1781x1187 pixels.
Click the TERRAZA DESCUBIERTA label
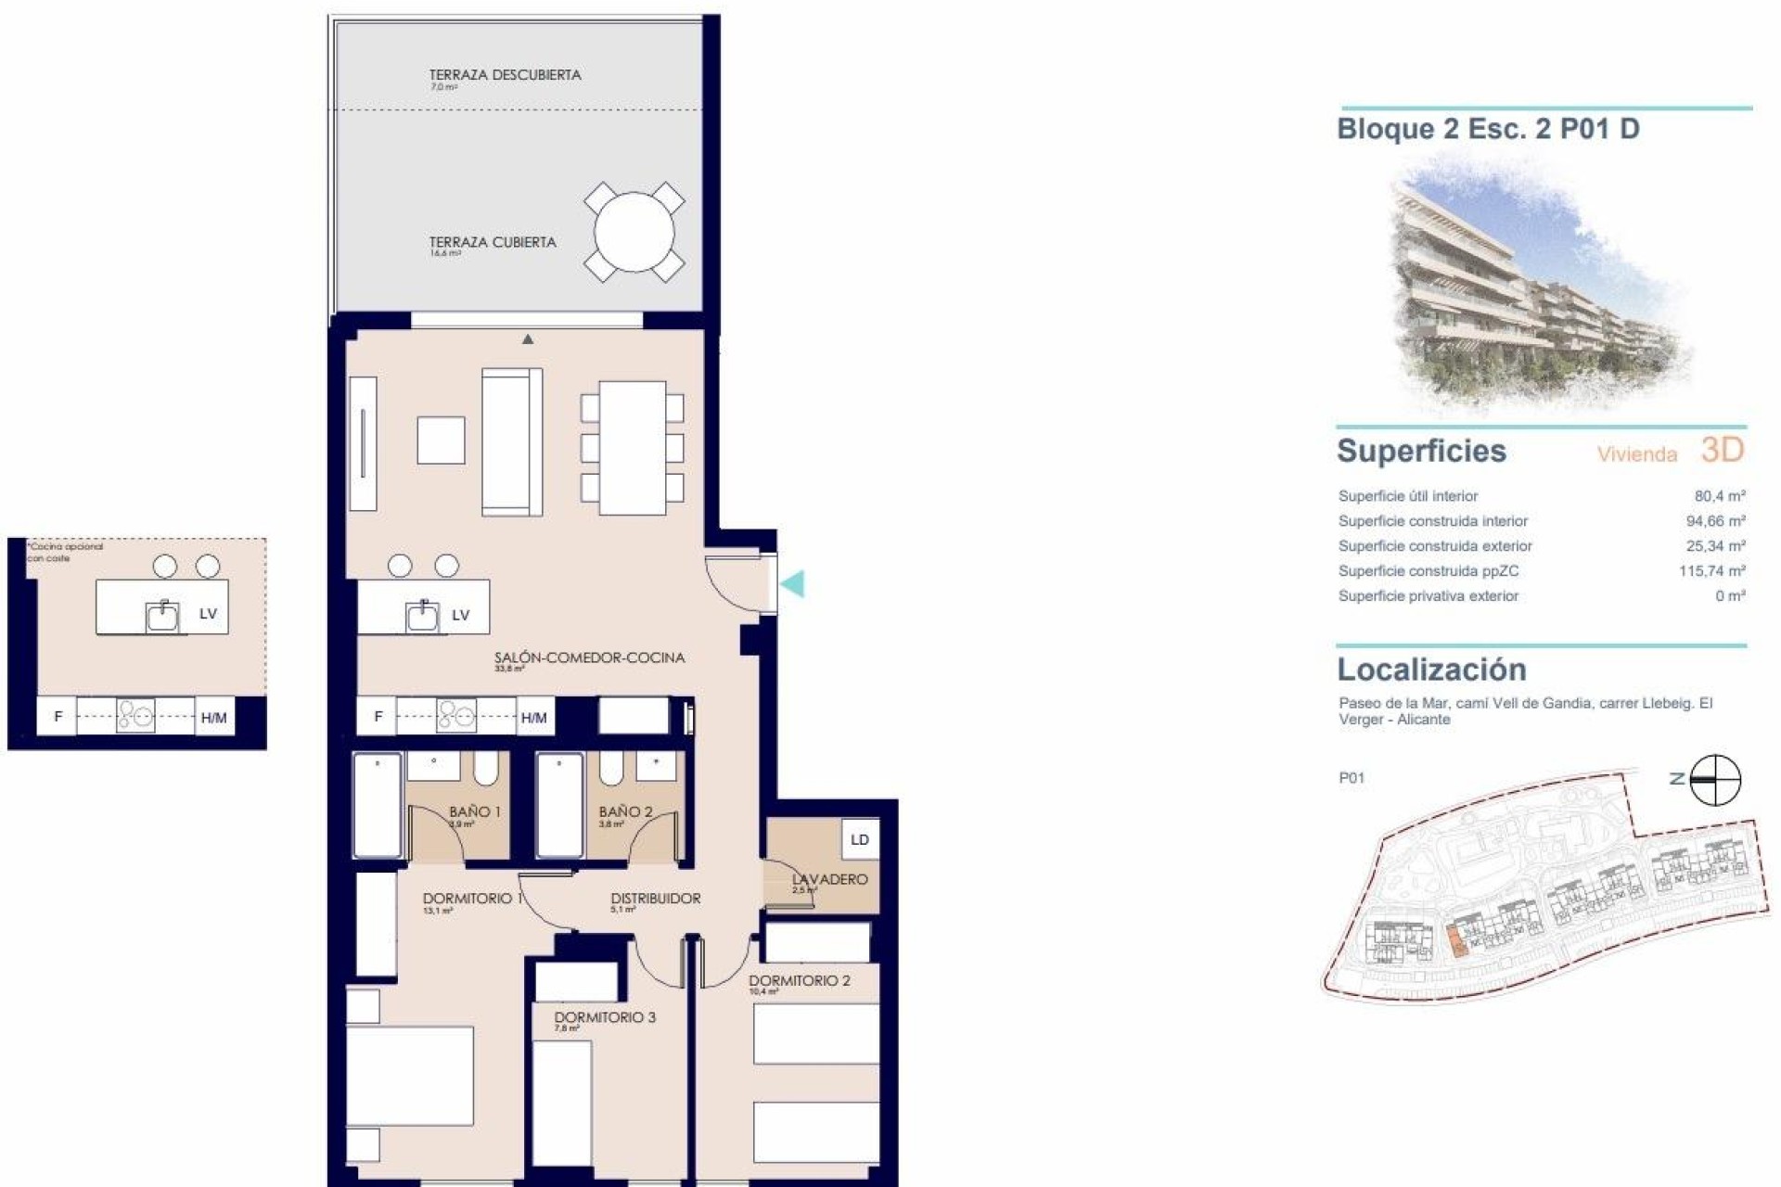point(505,75)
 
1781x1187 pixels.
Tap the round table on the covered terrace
point(634,232)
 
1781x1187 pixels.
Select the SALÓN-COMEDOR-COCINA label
point(589,657)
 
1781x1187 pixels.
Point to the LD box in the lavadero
point(860,839)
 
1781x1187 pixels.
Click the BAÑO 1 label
point(474,811)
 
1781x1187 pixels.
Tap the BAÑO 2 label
point(625,811)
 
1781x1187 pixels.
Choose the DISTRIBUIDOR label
point(655,898)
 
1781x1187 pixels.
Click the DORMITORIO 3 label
point(605,1017)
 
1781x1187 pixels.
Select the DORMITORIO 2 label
point(799,980)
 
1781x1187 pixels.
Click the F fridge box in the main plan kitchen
point(378,717)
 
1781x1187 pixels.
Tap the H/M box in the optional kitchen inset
point(213,718)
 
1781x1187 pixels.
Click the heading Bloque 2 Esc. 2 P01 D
point(1488,129)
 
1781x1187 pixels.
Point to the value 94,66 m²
point(1715,521)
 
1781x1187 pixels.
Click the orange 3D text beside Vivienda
point(1723,451)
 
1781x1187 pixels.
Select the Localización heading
point(1431,670)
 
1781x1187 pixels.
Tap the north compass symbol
point(1714,780)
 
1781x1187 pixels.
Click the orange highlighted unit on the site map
point(1455,942)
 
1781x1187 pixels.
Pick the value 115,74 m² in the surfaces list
point(1711,571)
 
